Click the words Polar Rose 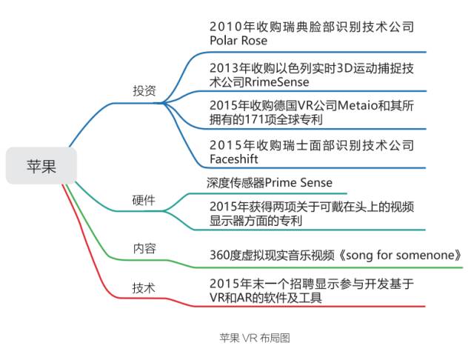[x=238, y=41]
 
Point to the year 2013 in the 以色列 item [x=226, y=67]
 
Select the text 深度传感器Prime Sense [x=269, y=181]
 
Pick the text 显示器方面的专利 [x=256, y=220]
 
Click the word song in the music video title [x=363, y=254]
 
